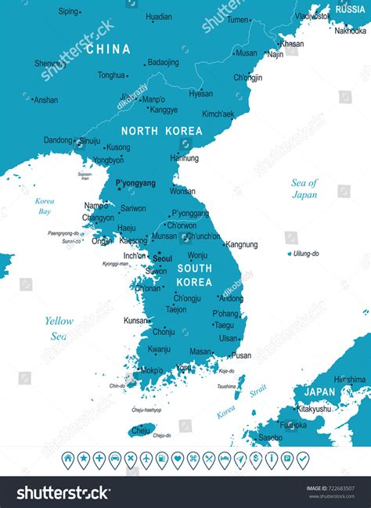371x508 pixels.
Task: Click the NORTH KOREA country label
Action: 160,132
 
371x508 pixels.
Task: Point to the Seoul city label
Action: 163,258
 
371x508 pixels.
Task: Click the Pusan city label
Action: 241,355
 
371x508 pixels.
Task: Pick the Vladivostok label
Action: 312,16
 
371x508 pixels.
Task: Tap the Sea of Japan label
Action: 304,189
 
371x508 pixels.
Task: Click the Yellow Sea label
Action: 59,328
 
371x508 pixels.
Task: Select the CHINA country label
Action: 109,49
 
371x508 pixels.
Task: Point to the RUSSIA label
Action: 349,9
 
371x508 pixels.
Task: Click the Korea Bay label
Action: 45,207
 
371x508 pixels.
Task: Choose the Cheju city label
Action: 141,430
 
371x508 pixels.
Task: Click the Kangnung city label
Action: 241,244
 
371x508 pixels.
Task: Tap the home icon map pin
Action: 67,459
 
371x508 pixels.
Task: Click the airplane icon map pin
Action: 130,459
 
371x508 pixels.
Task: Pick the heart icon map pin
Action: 177,459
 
